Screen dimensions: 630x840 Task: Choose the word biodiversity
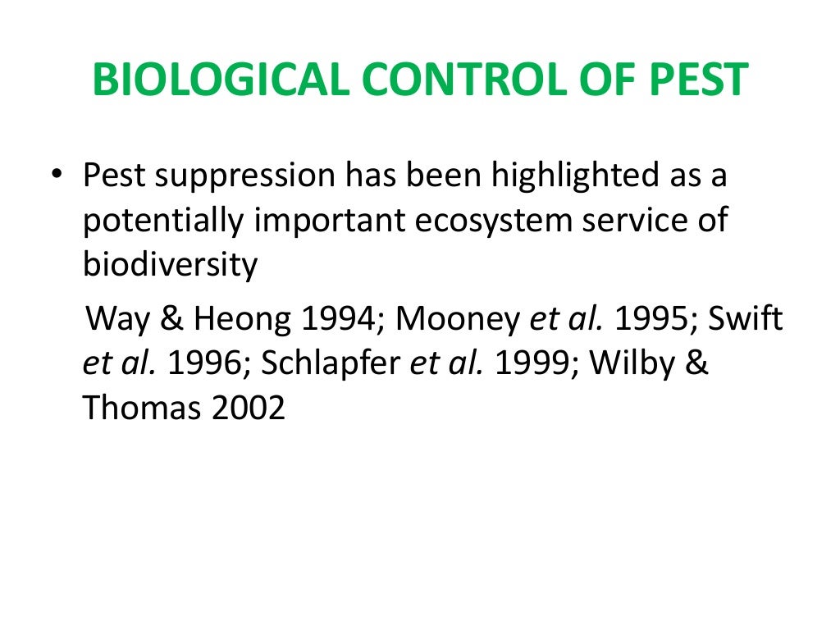pos(171,265)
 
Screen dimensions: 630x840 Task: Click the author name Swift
pos(746,318)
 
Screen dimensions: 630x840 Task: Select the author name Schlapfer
pos(332,363)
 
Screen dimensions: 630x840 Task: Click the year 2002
pos(249,408)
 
